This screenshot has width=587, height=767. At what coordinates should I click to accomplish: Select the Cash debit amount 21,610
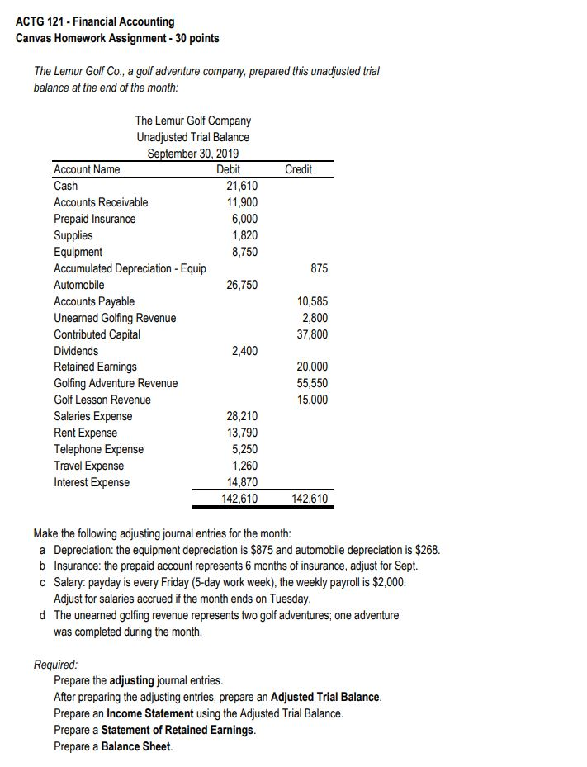242,186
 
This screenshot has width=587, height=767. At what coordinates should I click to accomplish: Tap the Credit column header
298,169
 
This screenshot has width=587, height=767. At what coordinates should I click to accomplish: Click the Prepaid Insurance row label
94,219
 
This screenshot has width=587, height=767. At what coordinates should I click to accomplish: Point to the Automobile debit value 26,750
242,285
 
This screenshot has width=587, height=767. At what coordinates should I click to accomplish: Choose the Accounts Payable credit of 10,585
311,301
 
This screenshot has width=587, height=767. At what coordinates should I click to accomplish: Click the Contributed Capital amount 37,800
311,334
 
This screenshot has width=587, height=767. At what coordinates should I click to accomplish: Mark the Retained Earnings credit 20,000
311,367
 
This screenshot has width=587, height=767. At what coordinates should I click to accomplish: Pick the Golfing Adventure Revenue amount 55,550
311,384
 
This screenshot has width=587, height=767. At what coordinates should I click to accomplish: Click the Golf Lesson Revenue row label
102,400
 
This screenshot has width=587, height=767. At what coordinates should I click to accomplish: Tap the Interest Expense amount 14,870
242,483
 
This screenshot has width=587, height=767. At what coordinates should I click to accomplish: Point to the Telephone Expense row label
98,450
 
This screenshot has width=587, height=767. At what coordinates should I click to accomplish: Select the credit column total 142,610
310,499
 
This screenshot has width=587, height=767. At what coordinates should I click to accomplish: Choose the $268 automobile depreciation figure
427,550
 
